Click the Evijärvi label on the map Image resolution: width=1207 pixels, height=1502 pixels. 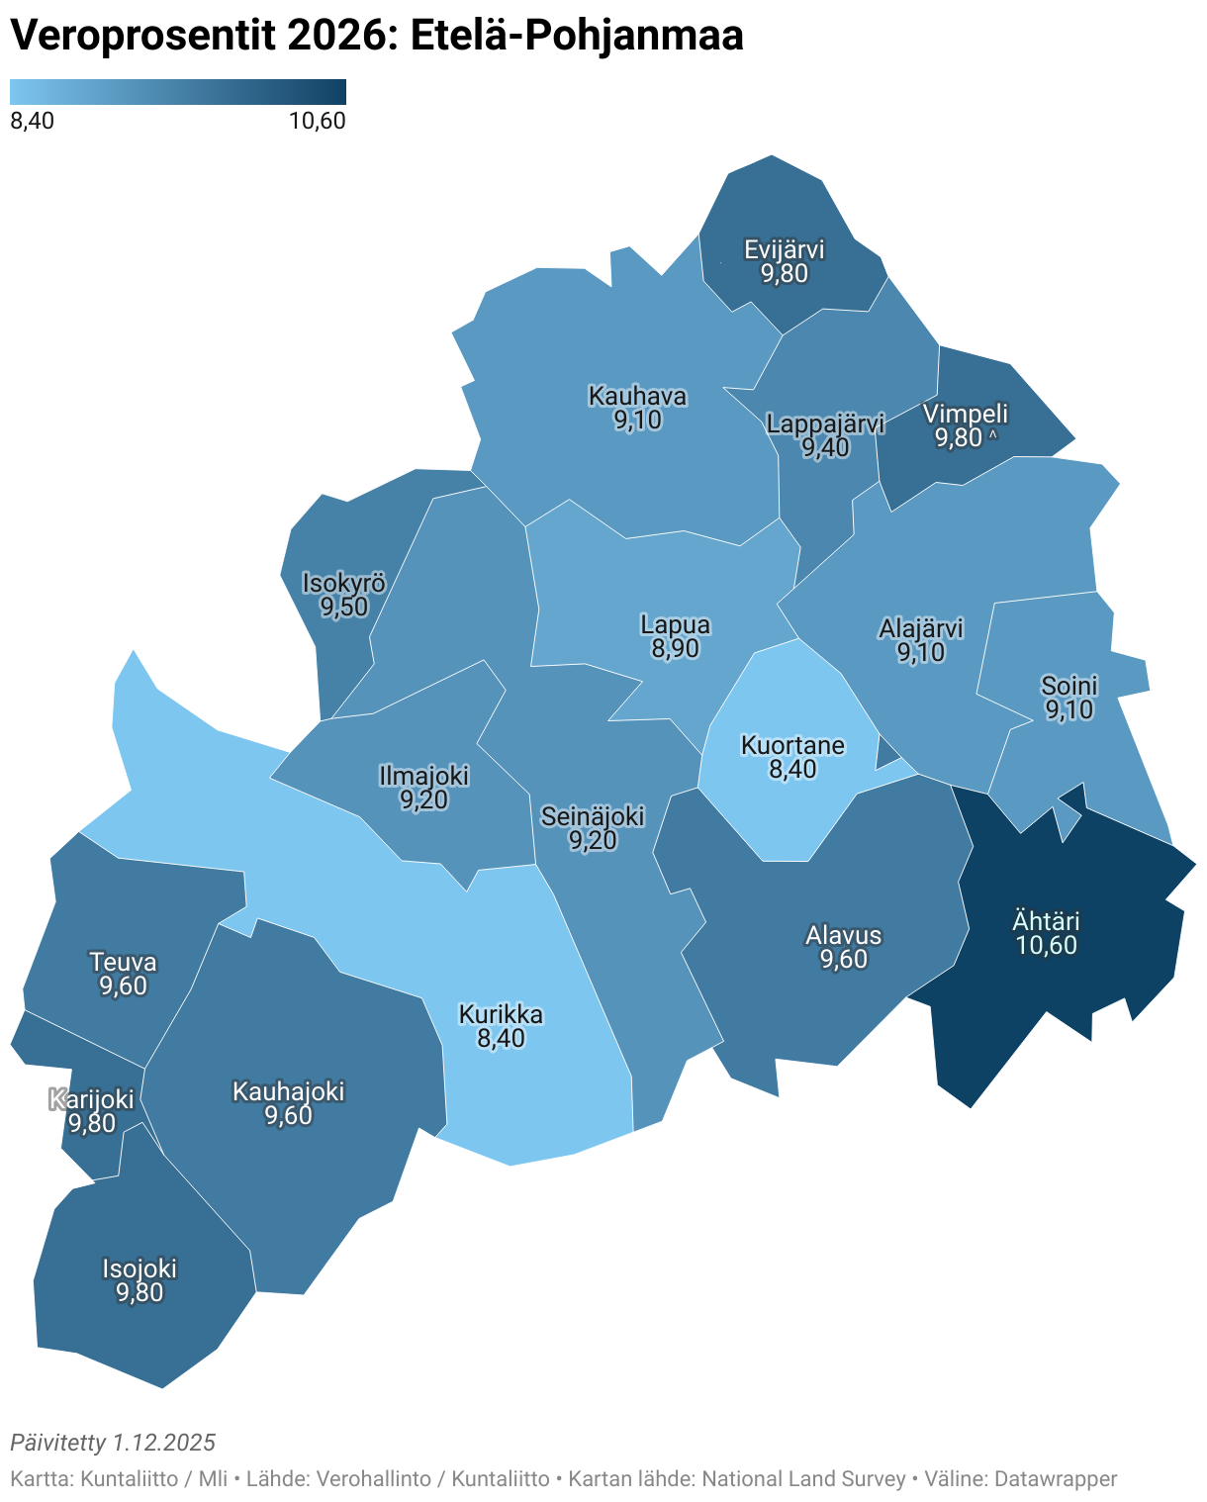[784, 249]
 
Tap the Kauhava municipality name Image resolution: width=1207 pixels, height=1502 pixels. [637, 396]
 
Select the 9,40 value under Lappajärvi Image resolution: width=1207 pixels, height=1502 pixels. [825, 448]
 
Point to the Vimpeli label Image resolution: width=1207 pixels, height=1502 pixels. [965, 414]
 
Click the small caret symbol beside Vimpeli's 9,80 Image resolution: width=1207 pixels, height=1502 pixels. [992, 435]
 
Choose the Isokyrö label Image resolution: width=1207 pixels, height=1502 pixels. [343, 583]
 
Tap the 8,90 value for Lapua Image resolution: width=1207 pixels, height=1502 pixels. [675, 649]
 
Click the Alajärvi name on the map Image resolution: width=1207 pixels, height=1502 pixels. [920, 628]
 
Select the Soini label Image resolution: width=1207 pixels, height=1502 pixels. [1068, 686]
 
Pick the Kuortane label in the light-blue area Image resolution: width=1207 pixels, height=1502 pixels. [792, 745]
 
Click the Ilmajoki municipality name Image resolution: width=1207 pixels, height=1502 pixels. [423, 776]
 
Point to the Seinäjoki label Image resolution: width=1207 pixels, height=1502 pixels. [593, 816]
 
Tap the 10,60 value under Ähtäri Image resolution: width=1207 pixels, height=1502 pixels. [1046, 945]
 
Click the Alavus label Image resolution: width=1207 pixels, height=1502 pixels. [843, 935]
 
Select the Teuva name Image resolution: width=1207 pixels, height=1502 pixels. [123, 962]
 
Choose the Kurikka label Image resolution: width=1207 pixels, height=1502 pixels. [501, 1014]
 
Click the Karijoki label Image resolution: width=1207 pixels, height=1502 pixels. [91, 1099]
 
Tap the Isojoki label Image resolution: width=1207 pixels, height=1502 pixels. [139, 1268]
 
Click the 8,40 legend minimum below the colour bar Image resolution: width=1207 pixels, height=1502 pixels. [32, 121]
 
